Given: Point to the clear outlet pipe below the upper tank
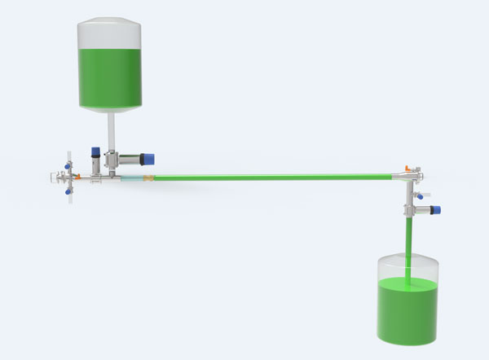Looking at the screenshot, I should [110, 130].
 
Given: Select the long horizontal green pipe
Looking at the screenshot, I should [269, 176].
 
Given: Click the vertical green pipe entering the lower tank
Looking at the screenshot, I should [406, 244].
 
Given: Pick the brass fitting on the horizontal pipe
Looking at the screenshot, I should [148, 178].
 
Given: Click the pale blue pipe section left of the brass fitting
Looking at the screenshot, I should [130, 178].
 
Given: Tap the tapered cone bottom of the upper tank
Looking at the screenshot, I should [110, 108].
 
